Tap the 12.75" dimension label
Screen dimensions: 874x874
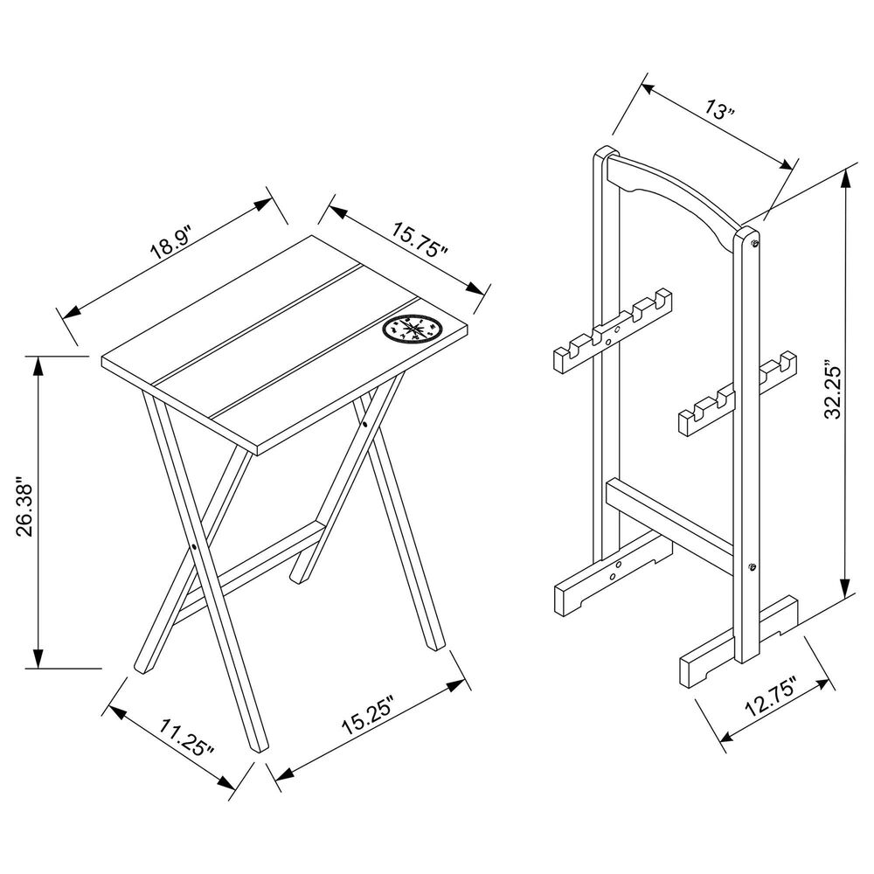[x=770, y=698]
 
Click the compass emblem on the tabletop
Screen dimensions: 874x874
[x=413, y=328]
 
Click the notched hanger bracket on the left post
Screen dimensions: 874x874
[x=612, y=332]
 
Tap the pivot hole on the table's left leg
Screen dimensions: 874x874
[x=191, y=549]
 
